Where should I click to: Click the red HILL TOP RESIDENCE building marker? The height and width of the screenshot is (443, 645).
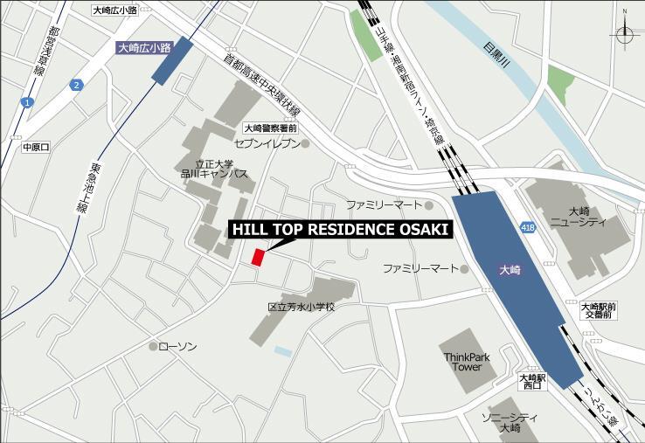point(258,257)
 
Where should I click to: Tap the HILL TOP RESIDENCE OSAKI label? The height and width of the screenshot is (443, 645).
point(341,230)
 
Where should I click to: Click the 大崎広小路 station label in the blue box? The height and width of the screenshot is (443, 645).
point(144,50)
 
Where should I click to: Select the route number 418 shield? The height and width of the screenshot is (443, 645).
point(527,226)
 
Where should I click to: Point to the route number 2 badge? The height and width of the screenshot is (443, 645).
point(77,85)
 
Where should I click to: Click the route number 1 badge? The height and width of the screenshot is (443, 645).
point(27,103)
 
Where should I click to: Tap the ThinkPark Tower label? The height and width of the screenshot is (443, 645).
point(467,362)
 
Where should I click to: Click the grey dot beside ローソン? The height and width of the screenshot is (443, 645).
point(153,347)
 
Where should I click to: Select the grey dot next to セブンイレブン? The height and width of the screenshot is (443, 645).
point(305,143)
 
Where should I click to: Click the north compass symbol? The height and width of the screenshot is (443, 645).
point(626,34)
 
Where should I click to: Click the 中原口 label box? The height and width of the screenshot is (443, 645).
point(37,147)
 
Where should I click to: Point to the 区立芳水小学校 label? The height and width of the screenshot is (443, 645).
point(302,308)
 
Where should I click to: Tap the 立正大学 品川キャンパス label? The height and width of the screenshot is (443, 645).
point(214,169)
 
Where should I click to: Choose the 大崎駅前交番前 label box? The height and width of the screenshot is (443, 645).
point(599,310)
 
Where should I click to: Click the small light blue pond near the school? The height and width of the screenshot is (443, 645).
point(282,351)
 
